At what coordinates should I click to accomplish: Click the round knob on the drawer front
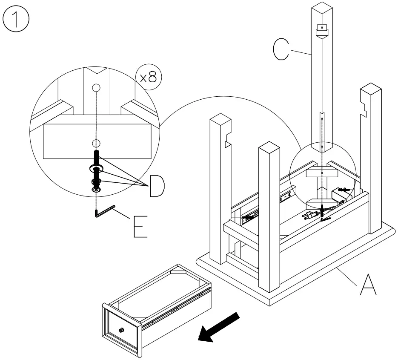click(x=122, y=330)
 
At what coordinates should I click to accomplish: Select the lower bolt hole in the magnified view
click(x=96, y=142)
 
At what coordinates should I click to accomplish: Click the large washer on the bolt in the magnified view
click(x=96, y=169)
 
